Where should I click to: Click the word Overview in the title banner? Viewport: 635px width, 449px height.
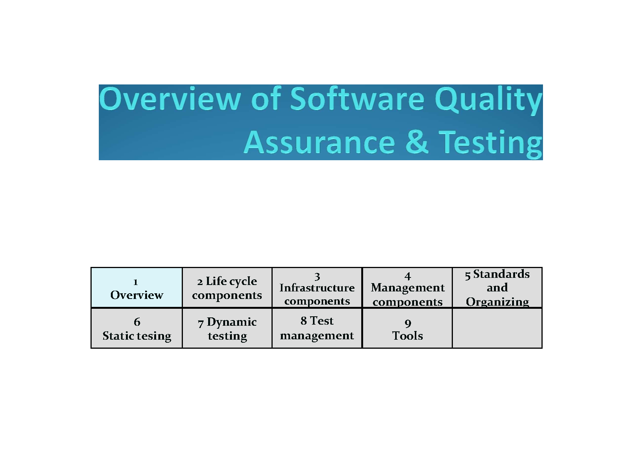pyautogui.click(x=170, y=99)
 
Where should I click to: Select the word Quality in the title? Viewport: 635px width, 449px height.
pyautogui.click(x=488, y=100)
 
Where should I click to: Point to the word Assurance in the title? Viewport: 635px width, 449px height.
pyautogui.click(x=319, y=142)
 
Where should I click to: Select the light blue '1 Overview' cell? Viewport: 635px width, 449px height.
pyautogui.click(x=137, y=287)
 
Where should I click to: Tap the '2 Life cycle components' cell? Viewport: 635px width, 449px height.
pyautogui.click(x=227, y=287)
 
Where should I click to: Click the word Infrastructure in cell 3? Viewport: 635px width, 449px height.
pyautogui.click(x=317, y=288)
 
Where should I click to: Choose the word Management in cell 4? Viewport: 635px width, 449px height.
pyautogui.click(x=408, y=288)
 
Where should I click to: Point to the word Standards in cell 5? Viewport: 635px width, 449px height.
pyautogui.click(x=501, y=274)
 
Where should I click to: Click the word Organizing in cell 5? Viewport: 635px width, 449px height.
pyautogui.click(x=497, y=302)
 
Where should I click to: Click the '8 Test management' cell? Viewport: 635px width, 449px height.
pyautogui.click(x=317, y=328)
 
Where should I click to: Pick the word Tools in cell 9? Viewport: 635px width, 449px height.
pyautogui.click(x=407, y=336)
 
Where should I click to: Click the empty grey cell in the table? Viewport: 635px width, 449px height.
pyautogui.click(x=497, y=328)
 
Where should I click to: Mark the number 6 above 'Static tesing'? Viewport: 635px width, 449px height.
pyautogui.click(x=137, y=322)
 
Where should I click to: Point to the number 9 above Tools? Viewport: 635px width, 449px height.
pyautogui.click(x=408, y=323)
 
